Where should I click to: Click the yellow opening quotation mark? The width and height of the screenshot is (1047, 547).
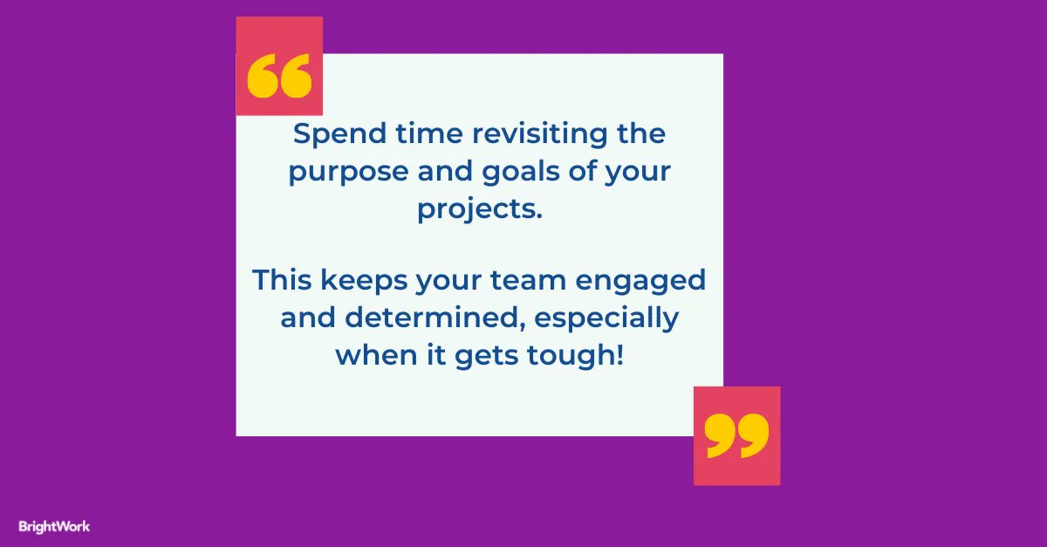279,78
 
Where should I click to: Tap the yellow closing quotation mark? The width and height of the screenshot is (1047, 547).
737,434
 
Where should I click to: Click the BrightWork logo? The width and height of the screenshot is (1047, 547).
54,526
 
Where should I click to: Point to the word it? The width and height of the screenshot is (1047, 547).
438,356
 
